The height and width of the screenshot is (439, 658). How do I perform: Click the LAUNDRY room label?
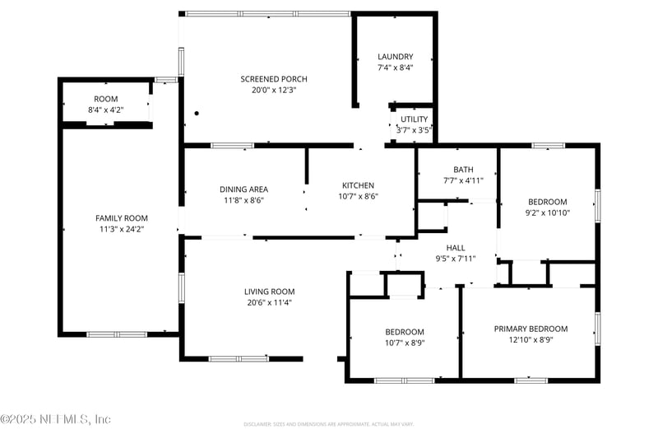tap(395, 57)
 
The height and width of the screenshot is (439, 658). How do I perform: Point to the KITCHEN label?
tap(358, 185)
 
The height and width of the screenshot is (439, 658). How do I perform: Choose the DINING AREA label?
tap(243, 189)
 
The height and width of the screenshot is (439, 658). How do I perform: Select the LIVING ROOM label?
tap(269, 292)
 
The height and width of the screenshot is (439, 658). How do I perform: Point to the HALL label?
tap(456, 247)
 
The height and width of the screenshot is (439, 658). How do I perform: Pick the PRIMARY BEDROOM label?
tap(531, 329)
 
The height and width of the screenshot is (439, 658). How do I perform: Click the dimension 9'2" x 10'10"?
tap(547, 212)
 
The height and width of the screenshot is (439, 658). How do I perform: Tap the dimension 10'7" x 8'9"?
tap(405, 343)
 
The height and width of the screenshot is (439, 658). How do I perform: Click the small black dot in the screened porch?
tap(197, 113)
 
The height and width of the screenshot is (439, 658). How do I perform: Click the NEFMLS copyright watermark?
tap(55, 419)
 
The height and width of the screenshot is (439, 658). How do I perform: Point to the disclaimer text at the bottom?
tap(327, 424)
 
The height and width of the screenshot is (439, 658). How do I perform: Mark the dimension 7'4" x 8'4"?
tap(395, 68)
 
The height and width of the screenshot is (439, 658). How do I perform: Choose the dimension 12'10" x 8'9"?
tap(531, 339)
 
